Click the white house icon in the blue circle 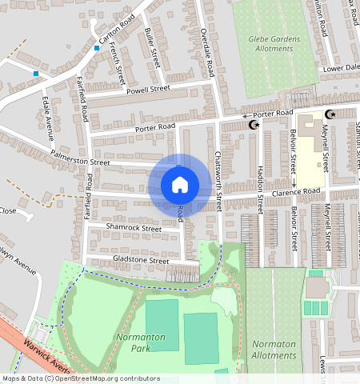[180, 185]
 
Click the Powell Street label [149, 90]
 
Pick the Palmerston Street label [79, 157]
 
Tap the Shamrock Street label [134, 228]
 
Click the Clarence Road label [294, 191]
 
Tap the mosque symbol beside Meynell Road [330, 115]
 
